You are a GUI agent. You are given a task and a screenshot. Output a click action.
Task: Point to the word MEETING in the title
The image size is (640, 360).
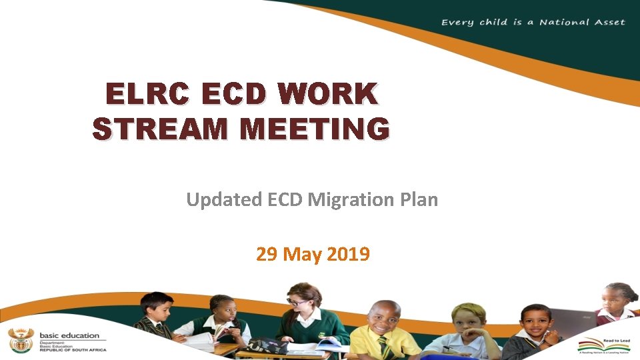(316, 129)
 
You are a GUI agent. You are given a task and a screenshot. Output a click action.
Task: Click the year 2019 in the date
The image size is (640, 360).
(349, 254)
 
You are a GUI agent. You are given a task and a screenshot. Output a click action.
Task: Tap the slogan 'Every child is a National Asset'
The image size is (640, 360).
(533, 22)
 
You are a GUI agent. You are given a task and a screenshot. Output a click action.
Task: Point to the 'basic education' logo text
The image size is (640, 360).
(69, 335)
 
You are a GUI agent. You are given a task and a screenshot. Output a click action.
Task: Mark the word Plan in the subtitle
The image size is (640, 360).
(420, 199)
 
